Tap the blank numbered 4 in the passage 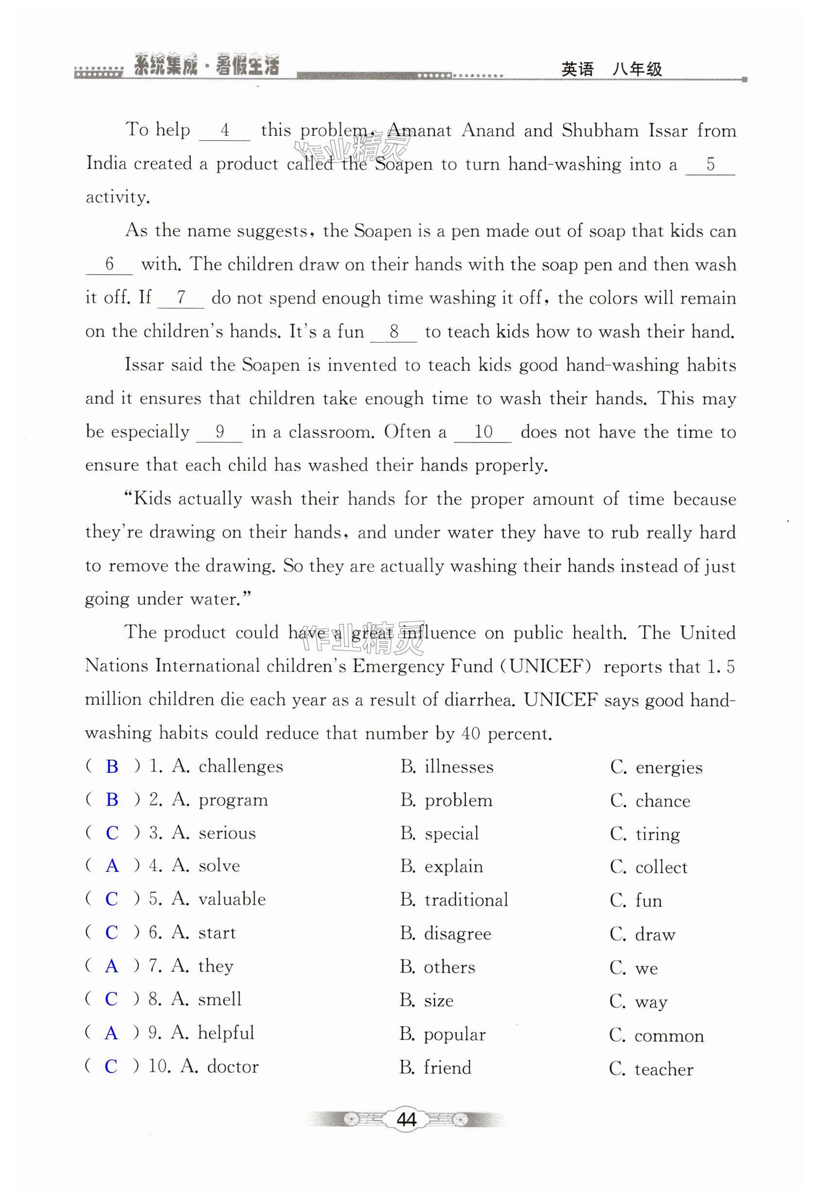pyautogui.click(x=224, y=131)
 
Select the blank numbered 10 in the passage pyautogui.click(x=483, y=432)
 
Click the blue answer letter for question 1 pyautogui.click(x=112, y=766)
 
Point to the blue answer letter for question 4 pyautogui.click(x=112, y=866)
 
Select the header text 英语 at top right pyautogui.click(x=578, y=69)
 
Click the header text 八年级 pyautogui.click(x=637, y=69)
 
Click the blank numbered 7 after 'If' pyautogui.click(x=181, y=298)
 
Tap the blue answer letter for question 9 pyautogui.click(x=111, y=1033)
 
